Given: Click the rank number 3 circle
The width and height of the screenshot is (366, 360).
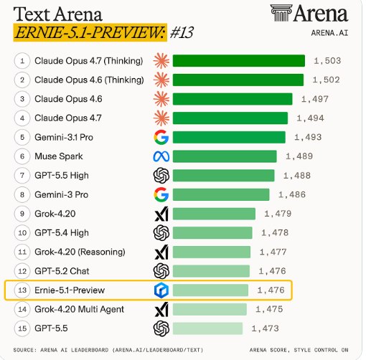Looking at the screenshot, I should (22, 98).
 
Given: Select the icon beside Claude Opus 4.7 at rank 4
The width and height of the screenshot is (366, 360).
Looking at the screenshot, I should (161, 118).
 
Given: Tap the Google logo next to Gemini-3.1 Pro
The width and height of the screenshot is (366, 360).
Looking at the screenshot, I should (161, 137).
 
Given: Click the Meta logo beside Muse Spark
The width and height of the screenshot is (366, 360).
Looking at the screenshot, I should (161, 156).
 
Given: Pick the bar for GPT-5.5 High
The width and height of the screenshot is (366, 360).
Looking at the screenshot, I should (223, 175).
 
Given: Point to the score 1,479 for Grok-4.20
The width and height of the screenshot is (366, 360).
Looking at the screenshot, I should (278, 214).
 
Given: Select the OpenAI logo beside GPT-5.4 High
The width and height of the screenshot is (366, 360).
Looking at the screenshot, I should (161, 232).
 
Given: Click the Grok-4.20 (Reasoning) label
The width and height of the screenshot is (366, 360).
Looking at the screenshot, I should (79, 252).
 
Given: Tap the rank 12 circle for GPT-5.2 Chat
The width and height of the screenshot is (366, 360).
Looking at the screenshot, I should (22, 271).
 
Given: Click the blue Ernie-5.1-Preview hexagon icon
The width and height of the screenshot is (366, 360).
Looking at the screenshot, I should (161, 290).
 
